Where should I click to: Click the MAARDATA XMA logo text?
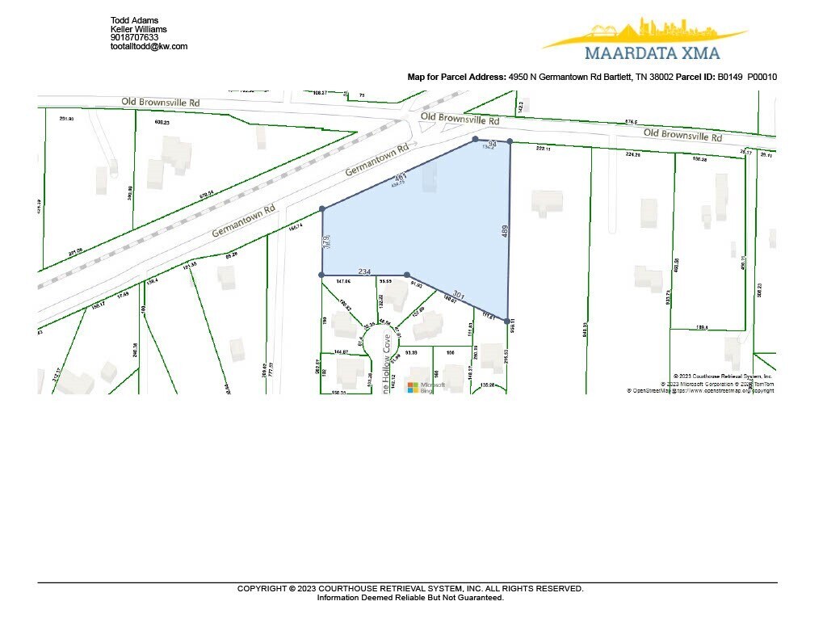652,53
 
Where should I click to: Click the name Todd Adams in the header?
134,19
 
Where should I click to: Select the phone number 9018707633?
134,37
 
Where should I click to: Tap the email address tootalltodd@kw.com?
149,46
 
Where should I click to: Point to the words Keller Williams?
138,28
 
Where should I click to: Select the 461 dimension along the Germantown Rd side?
400,178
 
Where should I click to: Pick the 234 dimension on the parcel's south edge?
363,272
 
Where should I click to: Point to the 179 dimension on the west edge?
326,242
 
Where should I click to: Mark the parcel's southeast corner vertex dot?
508,322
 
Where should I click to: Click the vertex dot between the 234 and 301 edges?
407,275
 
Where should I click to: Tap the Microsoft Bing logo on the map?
421,388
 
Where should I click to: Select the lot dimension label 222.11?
543,149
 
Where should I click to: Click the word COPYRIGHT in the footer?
262,589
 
